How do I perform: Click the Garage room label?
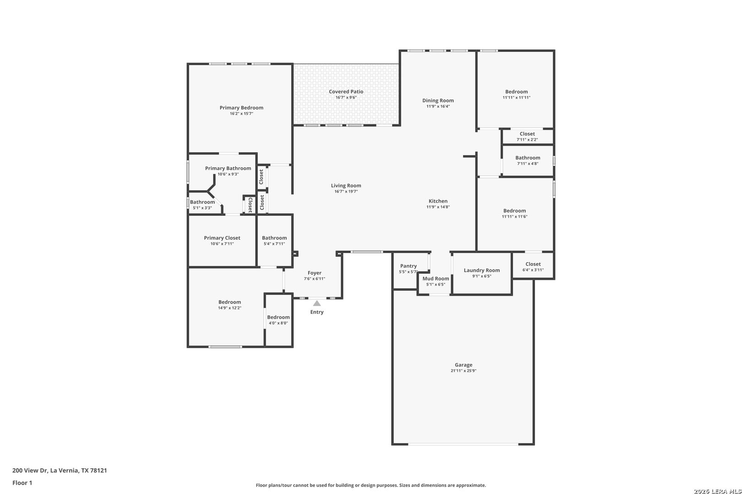[464, 365]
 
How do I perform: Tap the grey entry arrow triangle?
[317, 303]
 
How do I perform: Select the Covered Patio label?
[346, 92]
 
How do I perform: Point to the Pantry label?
[409, 266]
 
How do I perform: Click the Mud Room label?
[436, 279]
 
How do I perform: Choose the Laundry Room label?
[482, 270]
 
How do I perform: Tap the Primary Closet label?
[222, 238]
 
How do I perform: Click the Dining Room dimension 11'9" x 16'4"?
[438, 106]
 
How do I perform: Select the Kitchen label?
[438, 201]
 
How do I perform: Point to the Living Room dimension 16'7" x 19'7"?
[346, 191]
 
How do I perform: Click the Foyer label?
[314, 273]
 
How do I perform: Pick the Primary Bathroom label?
[228, 168]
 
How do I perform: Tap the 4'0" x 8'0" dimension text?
[278, 323]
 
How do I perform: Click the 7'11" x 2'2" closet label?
[527, 140]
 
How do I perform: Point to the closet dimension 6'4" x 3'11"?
[533, 270]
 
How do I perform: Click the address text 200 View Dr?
[30, 470]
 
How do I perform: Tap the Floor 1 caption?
[22, 483]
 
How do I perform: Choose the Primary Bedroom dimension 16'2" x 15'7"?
[241, 113]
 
